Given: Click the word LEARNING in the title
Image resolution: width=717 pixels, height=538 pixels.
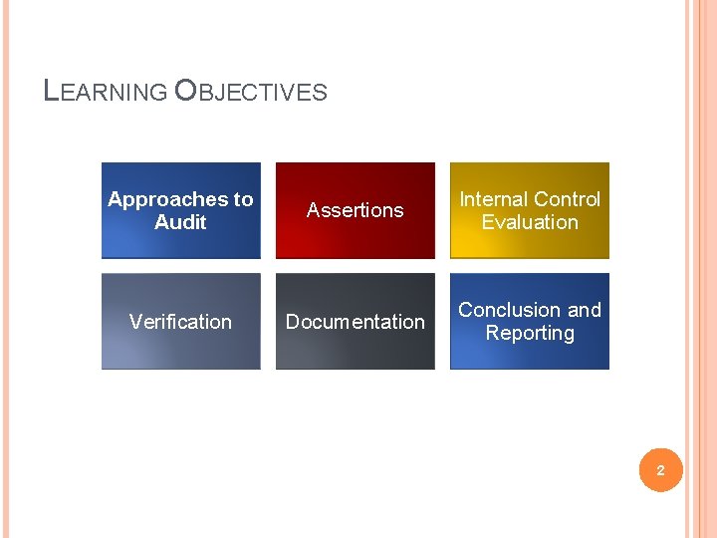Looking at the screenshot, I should click(x=106, y=92).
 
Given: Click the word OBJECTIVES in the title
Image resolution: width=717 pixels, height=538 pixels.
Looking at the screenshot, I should click(x=250, y=92).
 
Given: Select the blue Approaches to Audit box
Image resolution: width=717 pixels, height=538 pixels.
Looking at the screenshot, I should click(x=180, y=210).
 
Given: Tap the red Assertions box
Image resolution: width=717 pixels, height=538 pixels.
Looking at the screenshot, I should click(x=356, y=210).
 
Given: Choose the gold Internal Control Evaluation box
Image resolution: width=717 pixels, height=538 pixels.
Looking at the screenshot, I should click(x=530, y=210).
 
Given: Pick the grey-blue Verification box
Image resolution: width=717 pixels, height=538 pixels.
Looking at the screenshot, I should click(x=180, y=321).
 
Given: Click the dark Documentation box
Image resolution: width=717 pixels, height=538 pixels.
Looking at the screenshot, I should click(x=356, y=321).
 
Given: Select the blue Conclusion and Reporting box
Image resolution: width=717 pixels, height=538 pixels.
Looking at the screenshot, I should click(x=530, y=321).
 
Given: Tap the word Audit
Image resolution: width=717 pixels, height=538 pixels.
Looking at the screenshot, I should click(x=180, y=222).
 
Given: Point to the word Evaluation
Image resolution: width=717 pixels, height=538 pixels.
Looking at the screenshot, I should click(x=530, y=222).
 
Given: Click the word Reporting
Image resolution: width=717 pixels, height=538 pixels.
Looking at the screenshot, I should click(x=530, y=333).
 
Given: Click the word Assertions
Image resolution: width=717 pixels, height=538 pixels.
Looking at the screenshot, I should click(x=356, y=210).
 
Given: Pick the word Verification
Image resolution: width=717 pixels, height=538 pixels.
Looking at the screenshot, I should click(x=180, y=322).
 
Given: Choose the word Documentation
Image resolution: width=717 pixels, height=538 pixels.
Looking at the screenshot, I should click(x=356, y=322).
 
